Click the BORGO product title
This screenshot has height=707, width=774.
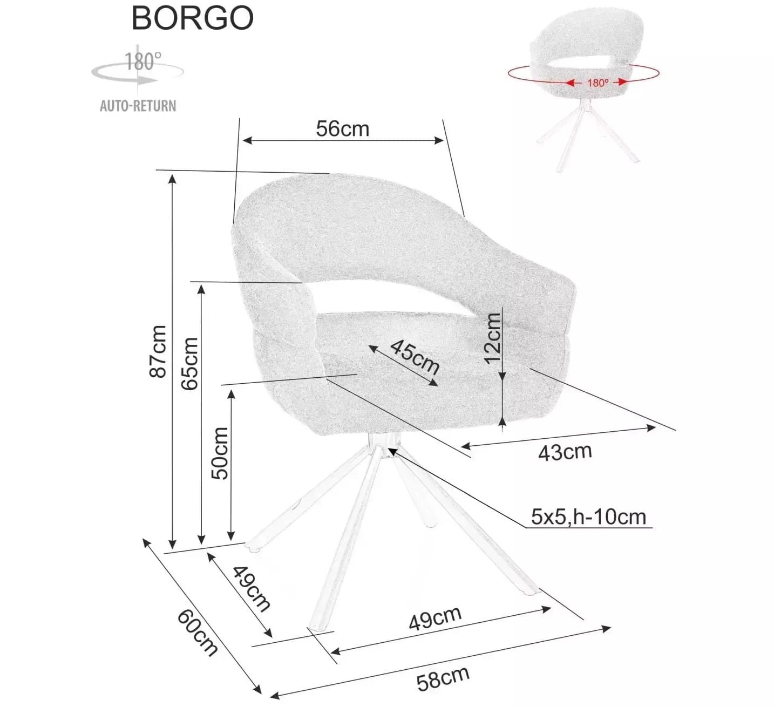click(192, 18)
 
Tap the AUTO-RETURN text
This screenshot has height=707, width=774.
click(138, 105)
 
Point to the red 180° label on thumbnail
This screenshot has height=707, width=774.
click(598, 83)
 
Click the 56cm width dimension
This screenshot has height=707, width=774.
click(342, 129)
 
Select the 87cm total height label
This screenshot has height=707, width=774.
click(159, 351)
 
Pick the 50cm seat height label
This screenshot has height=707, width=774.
click(220, 453)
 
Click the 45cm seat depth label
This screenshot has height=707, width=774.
click(415, 357)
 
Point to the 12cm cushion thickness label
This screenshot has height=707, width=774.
click(492, 338)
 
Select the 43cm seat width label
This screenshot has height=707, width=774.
click(565, 452)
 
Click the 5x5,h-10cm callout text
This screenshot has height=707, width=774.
click(588, 516)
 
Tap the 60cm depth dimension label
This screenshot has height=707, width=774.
click(198, 632)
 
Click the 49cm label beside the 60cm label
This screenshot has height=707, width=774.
click(252, 588)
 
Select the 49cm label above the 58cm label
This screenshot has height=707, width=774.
click(435, 618)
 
